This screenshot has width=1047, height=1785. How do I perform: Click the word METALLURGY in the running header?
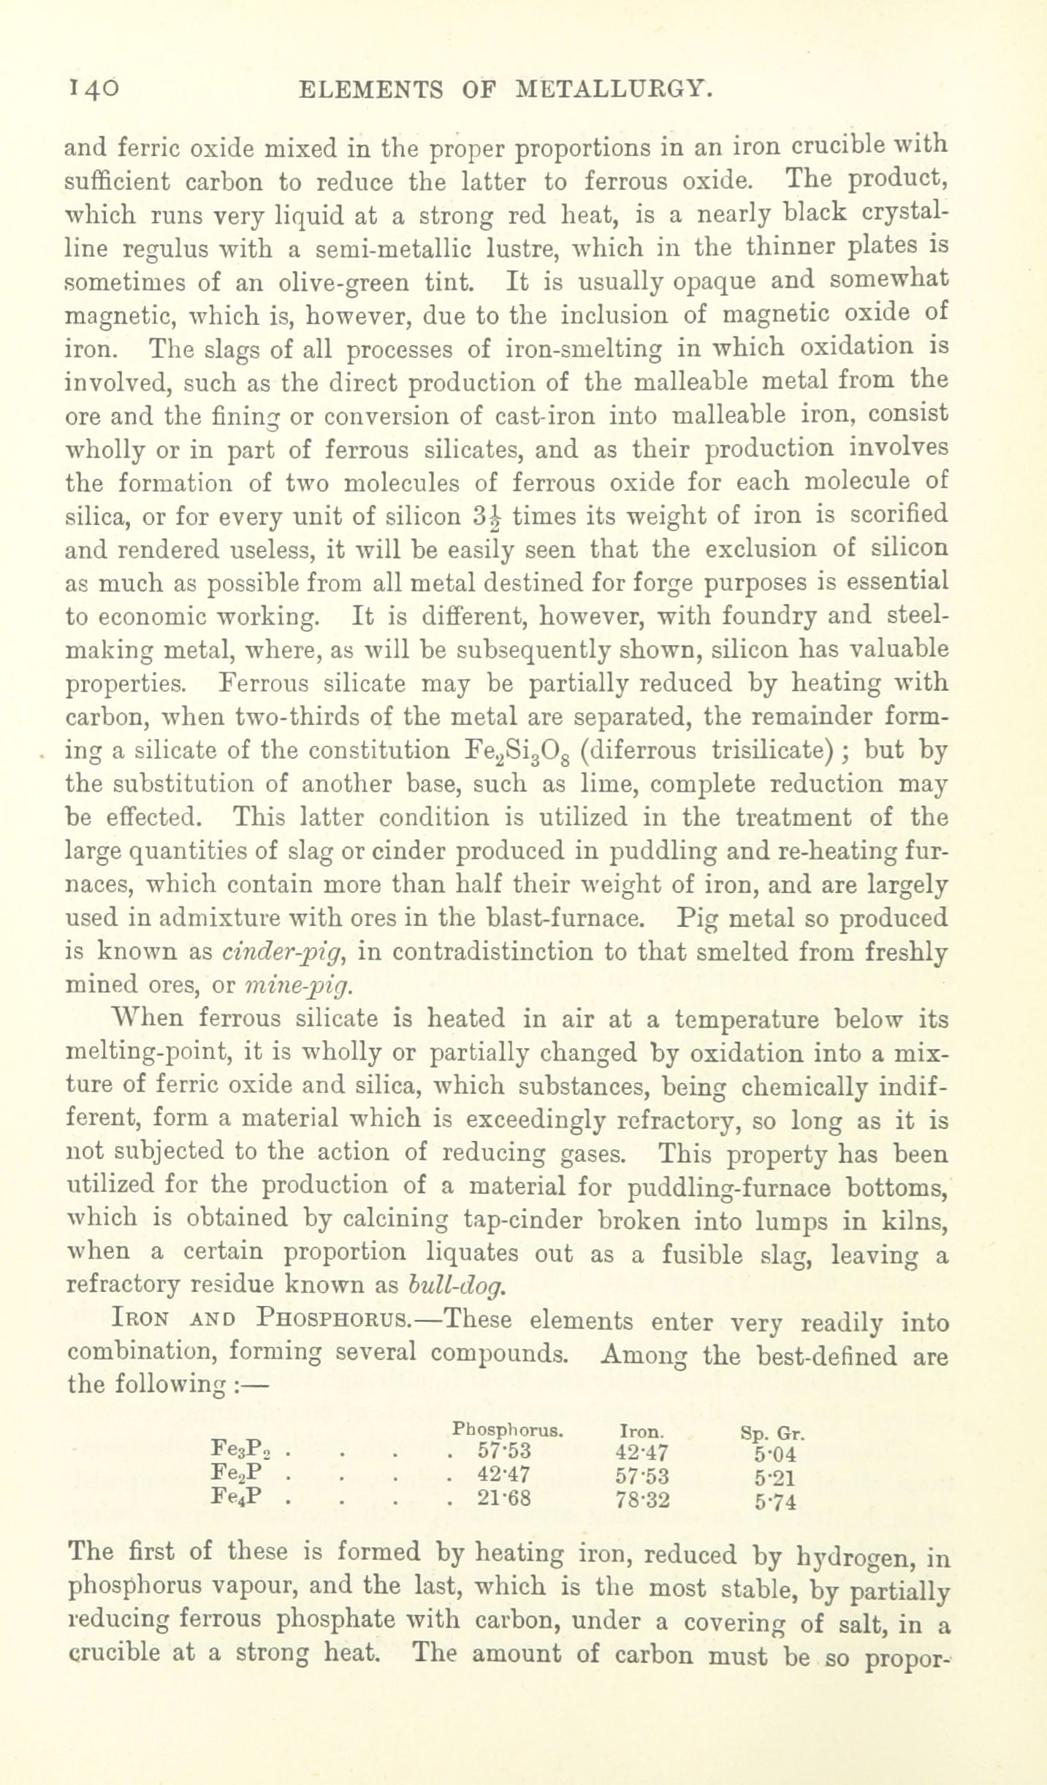click(x=613, y=90)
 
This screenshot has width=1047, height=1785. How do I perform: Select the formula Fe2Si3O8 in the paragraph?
click(x=519, y=751)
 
